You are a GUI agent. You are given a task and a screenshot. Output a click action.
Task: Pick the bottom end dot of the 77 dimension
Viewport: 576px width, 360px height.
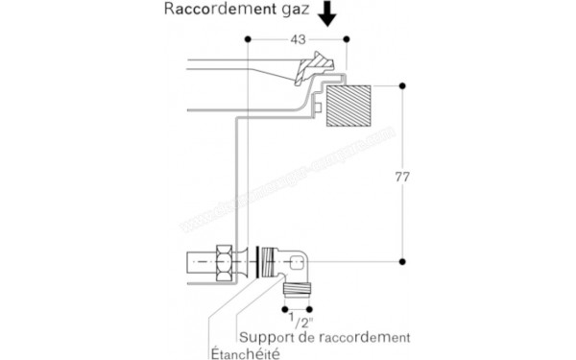click(402, 260)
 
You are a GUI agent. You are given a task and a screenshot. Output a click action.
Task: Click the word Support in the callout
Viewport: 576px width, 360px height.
click(266, 337)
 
